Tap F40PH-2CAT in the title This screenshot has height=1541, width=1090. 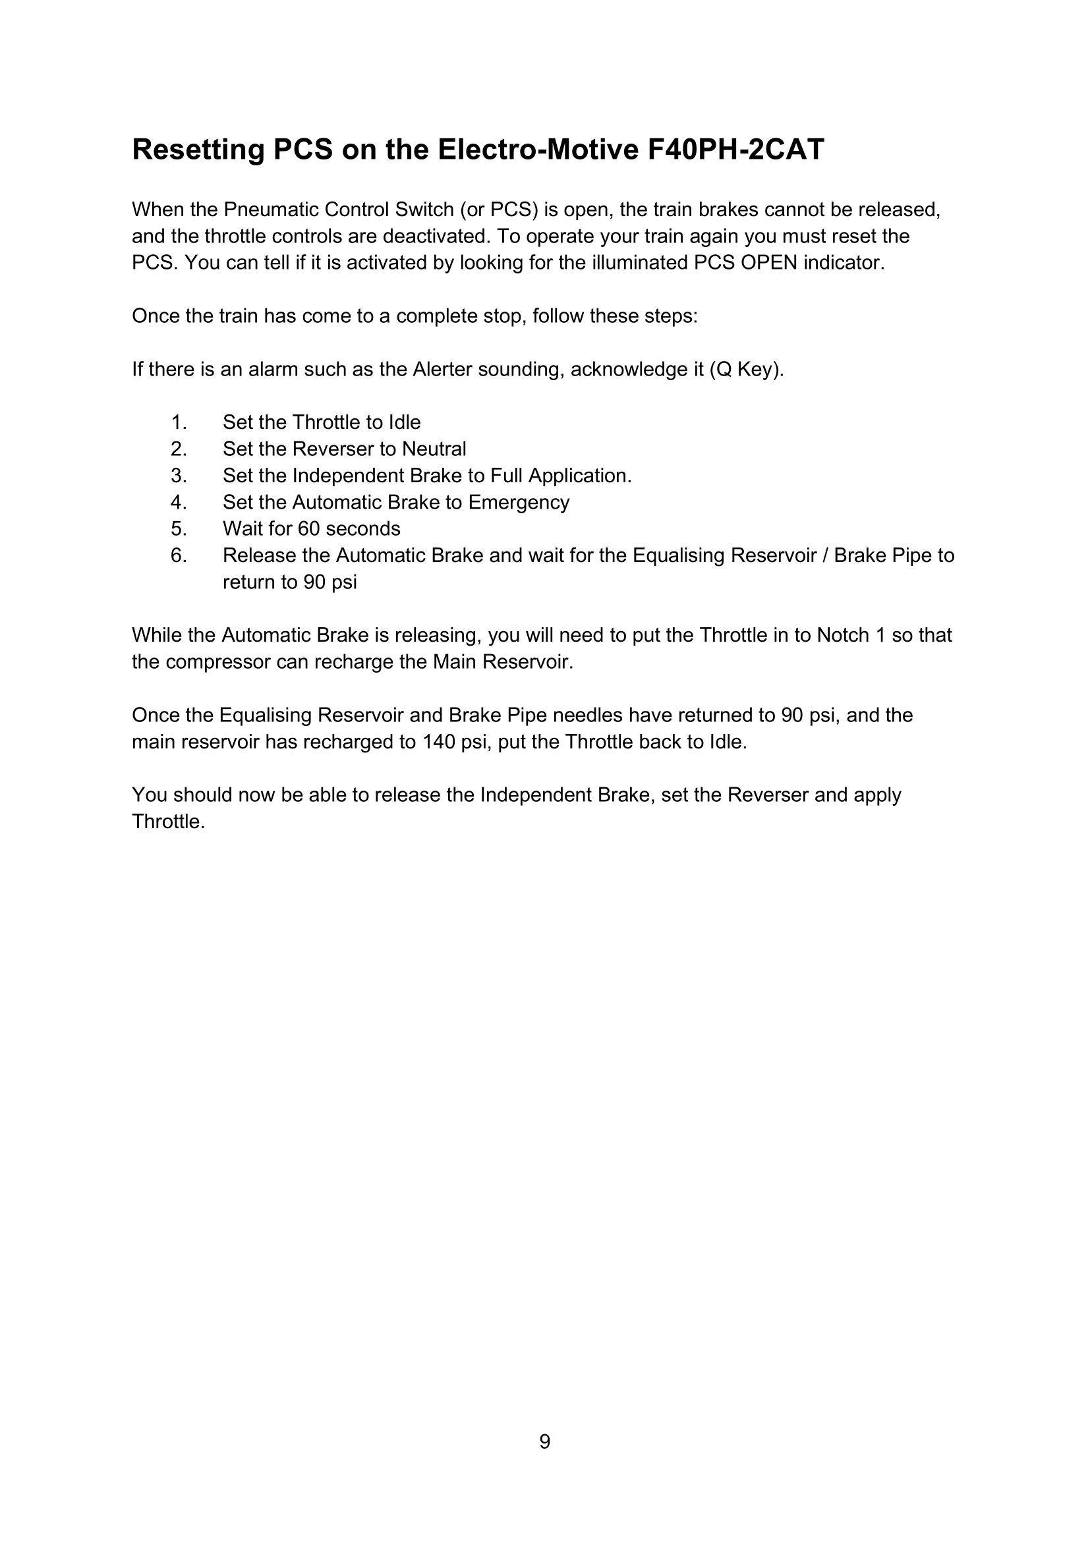[735, 149]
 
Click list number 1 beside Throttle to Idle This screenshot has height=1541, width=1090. [178, 422]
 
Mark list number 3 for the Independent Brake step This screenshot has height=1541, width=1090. [178, 476]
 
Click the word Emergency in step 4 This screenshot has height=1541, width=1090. [519, 502]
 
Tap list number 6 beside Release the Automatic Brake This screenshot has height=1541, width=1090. [178, 556]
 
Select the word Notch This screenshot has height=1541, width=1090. [843, 635]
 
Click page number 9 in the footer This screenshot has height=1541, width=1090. [545, 1442]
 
